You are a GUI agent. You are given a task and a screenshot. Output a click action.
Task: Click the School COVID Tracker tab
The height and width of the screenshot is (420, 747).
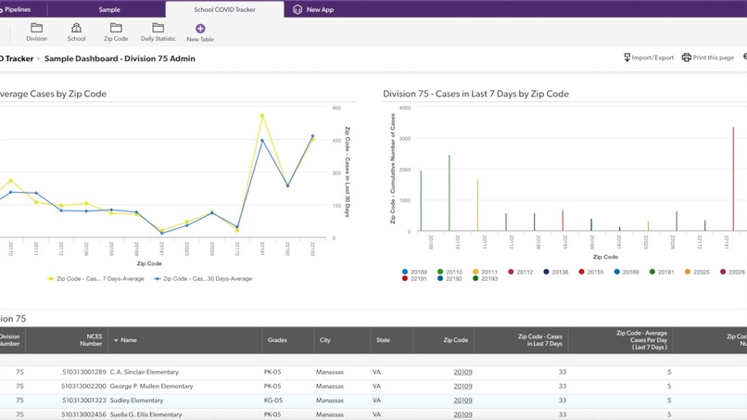[x=224, y=9]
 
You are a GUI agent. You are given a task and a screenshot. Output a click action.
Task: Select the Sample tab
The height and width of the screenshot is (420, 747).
[x=109, y=9]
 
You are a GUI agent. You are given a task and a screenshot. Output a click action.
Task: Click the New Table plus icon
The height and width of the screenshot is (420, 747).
[x=200, y=30]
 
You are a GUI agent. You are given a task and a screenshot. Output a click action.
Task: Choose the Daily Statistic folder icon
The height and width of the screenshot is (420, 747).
[x=158, y=29]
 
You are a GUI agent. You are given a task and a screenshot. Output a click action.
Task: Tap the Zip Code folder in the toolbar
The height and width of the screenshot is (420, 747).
[x=116, y=29]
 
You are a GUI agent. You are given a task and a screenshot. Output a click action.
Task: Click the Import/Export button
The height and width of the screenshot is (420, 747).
[x=649, y=57]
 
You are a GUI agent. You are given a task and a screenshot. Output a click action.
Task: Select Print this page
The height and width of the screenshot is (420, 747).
[x=708, y=57]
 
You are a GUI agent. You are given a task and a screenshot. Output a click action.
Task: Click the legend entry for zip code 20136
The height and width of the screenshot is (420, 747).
[x=557, y=272]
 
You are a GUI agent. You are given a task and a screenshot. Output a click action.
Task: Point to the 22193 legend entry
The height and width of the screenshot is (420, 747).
[x=485, y=278]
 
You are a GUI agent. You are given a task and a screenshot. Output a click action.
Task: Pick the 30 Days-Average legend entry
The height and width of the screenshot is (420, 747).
[x=203, y=278]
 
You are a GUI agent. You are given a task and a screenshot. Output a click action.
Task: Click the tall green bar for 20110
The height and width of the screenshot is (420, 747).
[x=449, y=193]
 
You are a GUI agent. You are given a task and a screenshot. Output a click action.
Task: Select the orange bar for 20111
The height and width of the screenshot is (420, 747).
[x=477, y=205]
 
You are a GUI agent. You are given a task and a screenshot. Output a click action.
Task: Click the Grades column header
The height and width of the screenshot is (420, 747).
[x=277, y=340]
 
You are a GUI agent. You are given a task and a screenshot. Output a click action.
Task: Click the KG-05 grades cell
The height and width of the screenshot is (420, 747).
[x=272, y=401]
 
